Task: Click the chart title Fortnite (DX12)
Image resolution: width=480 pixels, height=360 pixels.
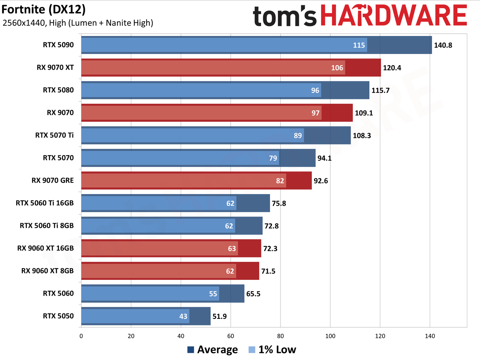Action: [x=43, y=10]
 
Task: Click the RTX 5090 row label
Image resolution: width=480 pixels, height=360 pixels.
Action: [x=58, y=45]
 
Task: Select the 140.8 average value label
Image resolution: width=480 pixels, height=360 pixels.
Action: [x=443, y=45]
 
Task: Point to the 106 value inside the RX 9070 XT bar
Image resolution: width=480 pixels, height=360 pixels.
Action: [x=337, y=68]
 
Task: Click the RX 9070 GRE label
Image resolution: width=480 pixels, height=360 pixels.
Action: [x=53, y=181]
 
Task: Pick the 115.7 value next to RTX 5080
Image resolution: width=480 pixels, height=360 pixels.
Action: [x=380, y=90]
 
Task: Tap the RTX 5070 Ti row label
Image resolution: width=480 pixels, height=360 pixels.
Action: [x=54, y=135]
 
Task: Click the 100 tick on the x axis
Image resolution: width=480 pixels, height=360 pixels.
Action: [x=330, y=336]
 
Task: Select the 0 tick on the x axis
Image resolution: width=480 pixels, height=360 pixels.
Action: [x=81, y=336]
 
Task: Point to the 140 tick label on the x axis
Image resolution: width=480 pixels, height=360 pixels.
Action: [x=430, y=336]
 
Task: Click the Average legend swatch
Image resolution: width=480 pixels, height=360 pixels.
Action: [x=190, y=350]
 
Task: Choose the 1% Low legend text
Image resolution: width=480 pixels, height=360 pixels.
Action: [x=277, y=350]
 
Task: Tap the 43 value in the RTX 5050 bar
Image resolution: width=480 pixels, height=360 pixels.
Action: [x=183, y=316]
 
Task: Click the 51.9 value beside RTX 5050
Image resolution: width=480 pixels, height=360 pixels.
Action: [x=219, y=316]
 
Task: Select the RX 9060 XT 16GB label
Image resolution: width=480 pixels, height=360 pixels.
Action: [x=45, y=248]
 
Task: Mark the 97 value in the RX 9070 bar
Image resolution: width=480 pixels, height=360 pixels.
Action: [x=315, y=113]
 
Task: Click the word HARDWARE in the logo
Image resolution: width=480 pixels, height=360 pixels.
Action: [x=394, y=15]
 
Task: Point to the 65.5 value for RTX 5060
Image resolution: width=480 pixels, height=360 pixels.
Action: [x=253, y=294]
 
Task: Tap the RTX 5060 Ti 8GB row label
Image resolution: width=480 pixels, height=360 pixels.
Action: [x=47, y=226]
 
